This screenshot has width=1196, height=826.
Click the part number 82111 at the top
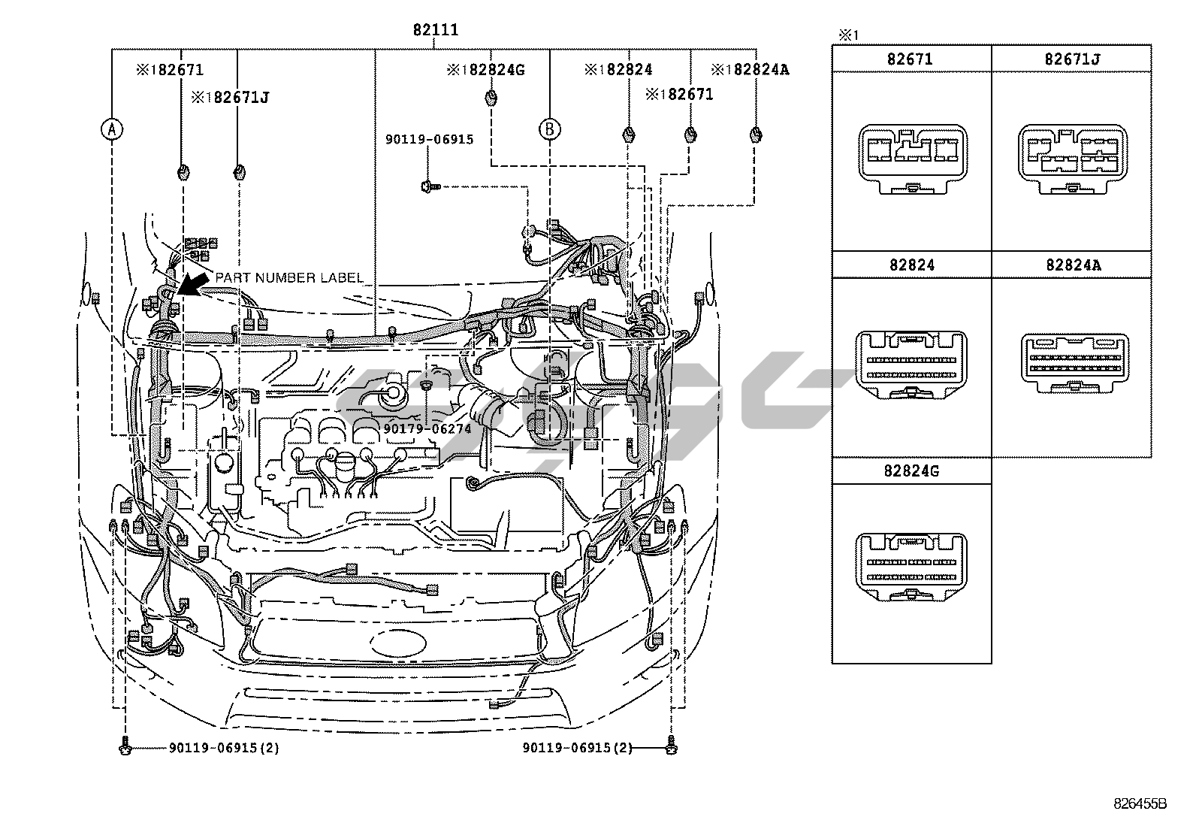(x=435, y=31)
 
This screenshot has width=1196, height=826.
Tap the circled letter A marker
(x=111, y=129)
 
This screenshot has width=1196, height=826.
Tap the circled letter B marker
(x=549, y=129)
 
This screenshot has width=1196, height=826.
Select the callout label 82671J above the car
(x=229, y=97)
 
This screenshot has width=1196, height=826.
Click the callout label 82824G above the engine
(x=485, y=70)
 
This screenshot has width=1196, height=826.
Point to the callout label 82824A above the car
(x=750, y=70)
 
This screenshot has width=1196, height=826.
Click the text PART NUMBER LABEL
(x=289, y=278)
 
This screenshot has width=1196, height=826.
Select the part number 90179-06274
(x=427, y=428)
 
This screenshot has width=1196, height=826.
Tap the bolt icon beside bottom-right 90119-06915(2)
(x=670, y=748)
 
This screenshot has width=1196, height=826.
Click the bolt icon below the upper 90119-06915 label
(x=428, y=185)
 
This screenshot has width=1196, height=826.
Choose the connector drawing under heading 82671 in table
(x=911, y=160)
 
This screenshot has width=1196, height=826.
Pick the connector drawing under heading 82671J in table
(x=1071, y=160)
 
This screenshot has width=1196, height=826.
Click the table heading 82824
(x=911, y=265)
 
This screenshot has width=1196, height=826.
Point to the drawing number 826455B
(x=1140, y=803)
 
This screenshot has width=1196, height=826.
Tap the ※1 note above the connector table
(x=847, y=35)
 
